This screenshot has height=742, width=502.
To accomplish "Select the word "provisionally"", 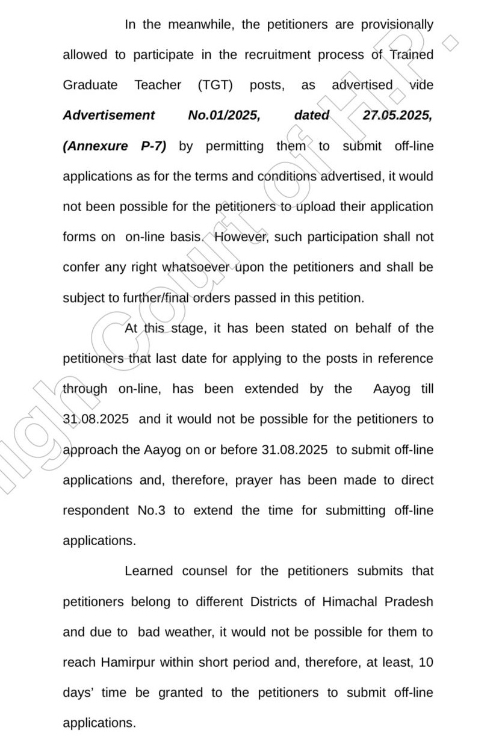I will coord(397,25).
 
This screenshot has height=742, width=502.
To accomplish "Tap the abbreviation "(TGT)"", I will coord(215,85).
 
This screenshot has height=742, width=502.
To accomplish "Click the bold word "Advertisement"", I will coord(108,115).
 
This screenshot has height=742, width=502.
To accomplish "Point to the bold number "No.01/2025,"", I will coord(224,115).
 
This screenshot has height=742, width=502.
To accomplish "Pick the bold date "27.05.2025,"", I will coord(397,115).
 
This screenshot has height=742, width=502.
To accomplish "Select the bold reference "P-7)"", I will coord(153,146).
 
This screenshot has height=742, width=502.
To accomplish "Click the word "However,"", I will coord(240,237).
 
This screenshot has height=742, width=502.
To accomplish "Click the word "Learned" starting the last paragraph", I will coord(148,570).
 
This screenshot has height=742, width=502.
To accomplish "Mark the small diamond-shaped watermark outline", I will coord(450,43).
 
